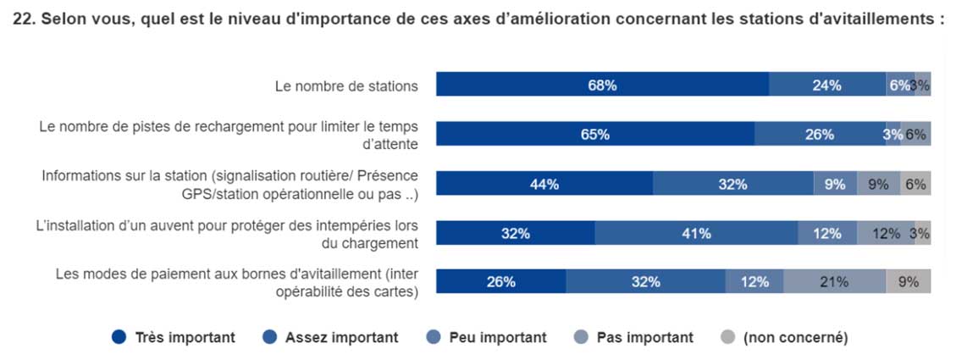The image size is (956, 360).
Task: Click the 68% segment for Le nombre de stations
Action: (x=603, y=85)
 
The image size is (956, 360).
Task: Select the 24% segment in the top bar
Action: (x=826, y=85)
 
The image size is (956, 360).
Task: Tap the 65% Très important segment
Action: (x=595, y=134)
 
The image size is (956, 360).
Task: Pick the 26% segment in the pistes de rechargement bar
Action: (x=820, y=134)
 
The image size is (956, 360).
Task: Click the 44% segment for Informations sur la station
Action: (x=544, y=184)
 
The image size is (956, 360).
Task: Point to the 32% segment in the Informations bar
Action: (x=732, y=184)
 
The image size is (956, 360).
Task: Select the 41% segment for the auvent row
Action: (x=696, y=234)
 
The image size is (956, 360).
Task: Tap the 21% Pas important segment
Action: (x=834, y=282)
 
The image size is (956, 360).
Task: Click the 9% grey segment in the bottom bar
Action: (x=908, y=282)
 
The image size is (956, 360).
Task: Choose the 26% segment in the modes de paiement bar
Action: (x=500, y=282)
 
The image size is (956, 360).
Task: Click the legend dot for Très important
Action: (x=120, y=337)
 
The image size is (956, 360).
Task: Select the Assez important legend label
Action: (x=341, y=337)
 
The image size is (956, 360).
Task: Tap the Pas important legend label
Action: (x=644, y=337)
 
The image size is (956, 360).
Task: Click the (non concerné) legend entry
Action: (x=794, y=337)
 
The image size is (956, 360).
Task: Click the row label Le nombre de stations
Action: (x=346, y=86)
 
